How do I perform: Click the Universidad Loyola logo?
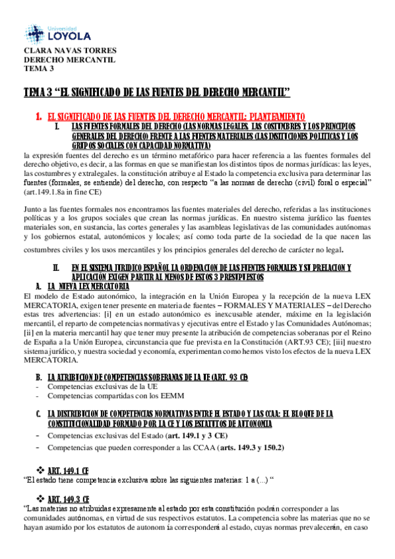tap(58, 32)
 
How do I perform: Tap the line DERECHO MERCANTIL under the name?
tap(69, 60)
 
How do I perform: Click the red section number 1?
tap(39, 115)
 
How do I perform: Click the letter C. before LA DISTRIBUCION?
tap(38, 413)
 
